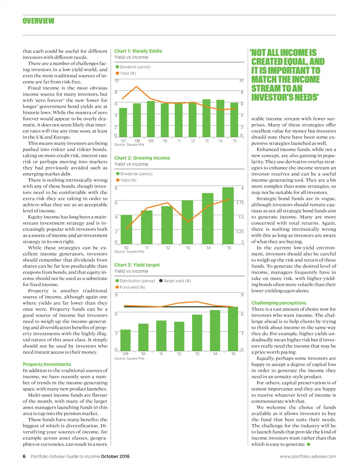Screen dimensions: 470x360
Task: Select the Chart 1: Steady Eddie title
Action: pos(138,51)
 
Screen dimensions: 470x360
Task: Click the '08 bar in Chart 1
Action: pos(137,120)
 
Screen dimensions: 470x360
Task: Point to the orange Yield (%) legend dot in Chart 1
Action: pos(117,73)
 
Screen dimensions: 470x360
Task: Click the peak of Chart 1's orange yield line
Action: pos(137,87)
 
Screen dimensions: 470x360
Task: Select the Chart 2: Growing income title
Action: pos(142,158)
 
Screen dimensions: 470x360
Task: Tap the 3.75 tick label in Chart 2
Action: pos(240,203)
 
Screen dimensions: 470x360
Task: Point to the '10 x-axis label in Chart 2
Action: pos(126,248)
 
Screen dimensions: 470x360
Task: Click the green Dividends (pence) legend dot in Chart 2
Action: pos(118,174)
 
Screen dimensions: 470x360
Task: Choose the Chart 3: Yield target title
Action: pos(137,265)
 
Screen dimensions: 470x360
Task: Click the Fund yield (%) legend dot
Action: pos(117,287)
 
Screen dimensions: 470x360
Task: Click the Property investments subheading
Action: pos(47,364)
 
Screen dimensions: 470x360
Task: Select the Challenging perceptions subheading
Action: pos(279,303)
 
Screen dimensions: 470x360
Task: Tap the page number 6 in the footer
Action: pos(24,456)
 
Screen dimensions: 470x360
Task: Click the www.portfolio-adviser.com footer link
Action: pos(308,456)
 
